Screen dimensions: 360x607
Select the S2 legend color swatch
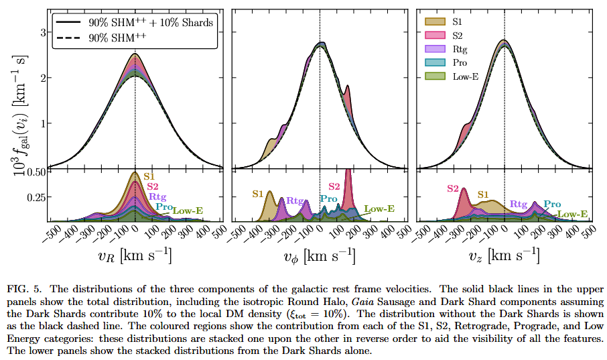(x=435, y=35)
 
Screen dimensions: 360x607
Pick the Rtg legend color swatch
(x=435, y=49)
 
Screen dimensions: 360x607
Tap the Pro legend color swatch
(x=435, y=63)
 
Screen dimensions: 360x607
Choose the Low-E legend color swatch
(x=435, y=77)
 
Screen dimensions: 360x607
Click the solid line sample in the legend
(x=70, y=23)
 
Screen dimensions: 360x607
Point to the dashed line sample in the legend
(x=70, y=38)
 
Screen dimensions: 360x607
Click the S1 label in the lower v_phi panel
(x=258, y=194)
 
